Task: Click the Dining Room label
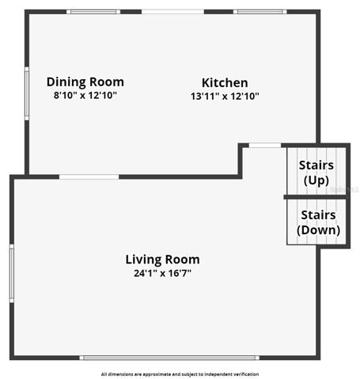(x=85, y=82)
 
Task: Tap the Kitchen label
(x=225, y=83)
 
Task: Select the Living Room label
(x=162, y=260)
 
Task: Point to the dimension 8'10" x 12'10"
(x=85, y=95)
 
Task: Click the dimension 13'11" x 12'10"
(x=225, y=96)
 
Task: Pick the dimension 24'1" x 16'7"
(x=162, y=273)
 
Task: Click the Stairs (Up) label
(x=316, y=172)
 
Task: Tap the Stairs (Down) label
(x=318, y=222)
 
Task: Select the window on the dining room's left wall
(x=27, y=93)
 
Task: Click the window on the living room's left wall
(x=12, y=273)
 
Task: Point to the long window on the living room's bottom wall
(x=169, y=358)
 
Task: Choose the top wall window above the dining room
(x=93, y=12)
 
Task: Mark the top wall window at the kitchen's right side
(x=260, y=12)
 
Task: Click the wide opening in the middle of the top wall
(x=173, y=12)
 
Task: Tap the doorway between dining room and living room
(x=89, y=176)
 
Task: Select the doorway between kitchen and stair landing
(x=265, y=145)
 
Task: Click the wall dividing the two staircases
(x=316, y=197)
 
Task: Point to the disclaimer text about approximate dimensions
(x=180, y=374)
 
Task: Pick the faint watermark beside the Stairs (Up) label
(x=344, y=189)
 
